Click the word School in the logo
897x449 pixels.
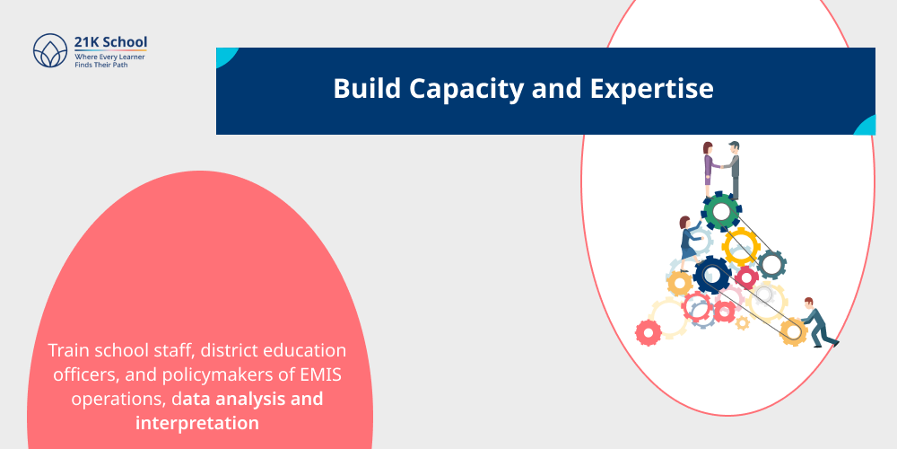pos(126,41)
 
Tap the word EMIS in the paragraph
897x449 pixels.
pos(307,374)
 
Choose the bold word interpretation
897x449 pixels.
pos(197,421)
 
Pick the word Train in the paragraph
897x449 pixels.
pos(68,349)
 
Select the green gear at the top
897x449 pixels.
pos(721,212)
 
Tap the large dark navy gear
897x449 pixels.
pos(712,274)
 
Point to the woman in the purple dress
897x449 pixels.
pos(709,166)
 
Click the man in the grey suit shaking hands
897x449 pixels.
pos(735,167)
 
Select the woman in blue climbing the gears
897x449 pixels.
pos(689,241)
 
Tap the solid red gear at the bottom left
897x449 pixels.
pos(648,332)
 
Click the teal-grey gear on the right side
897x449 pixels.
pos(771,264)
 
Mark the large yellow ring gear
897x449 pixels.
pos(741,245)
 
